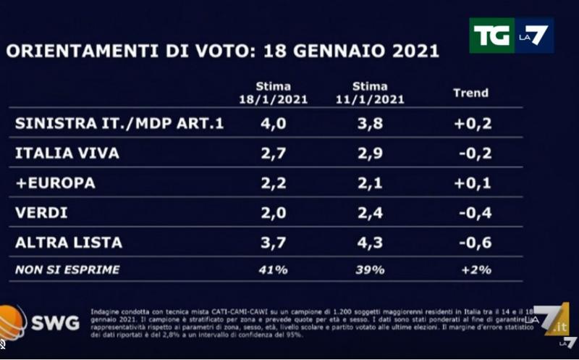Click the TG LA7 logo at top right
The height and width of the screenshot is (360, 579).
point(510,35)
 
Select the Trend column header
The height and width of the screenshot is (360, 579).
point(470,93)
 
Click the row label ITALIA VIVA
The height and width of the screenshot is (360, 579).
point(67,154)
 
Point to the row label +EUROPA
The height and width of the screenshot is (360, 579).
point(55,183)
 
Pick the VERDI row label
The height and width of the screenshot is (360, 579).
point(41,213)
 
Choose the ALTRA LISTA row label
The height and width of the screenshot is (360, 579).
point(69,243)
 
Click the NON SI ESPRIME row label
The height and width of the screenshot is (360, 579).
point(67,270)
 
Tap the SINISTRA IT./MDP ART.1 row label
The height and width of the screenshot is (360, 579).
point(119,124)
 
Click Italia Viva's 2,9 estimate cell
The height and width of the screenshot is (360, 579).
point(370,154)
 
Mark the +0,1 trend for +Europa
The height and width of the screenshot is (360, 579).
point(473,183)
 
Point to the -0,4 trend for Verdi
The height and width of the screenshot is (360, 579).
point(475,213)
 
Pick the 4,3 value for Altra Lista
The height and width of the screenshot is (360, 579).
point(370,243)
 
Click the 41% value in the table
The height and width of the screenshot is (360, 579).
point(273,270)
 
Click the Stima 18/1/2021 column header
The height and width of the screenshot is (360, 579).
point(274,93)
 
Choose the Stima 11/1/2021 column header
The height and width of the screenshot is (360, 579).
point(371,93)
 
